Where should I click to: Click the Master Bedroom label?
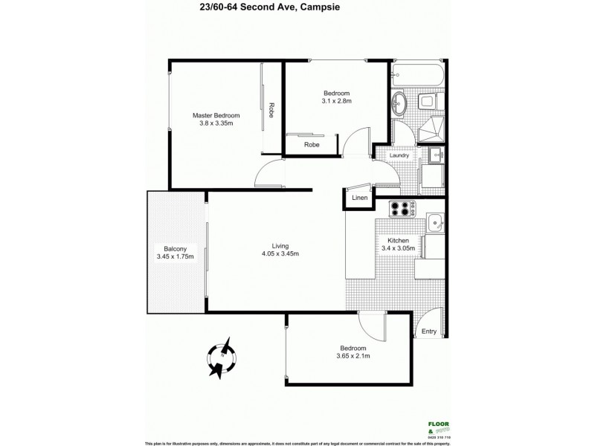click(216, 115)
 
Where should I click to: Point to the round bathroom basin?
click(399, 103)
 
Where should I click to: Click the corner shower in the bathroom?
click(431, 129)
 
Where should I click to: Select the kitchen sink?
click(434, 222)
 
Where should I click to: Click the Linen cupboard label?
click(359, 198)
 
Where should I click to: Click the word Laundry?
click(399, 155)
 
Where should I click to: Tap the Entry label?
click(429, 332)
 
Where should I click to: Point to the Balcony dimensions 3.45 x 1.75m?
click(175, 257)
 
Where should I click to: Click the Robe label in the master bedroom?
click(272, 111)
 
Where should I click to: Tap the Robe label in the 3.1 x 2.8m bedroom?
click(312, 145)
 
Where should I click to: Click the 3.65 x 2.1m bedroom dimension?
click(353, 356)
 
